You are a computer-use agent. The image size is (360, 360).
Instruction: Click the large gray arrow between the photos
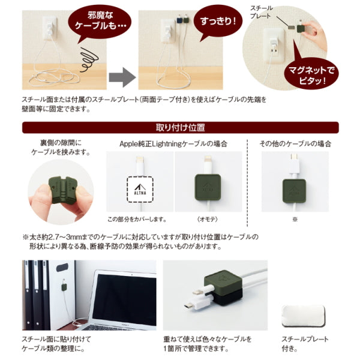coord(122,77)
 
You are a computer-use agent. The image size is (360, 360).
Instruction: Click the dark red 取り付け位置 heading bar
coord(180,127)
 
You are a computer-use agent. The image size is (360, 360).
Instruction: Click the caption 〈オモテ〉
coord(208,218)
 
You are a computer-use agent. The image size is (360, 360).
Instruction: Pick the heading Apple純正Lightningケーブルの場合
coord(174,144)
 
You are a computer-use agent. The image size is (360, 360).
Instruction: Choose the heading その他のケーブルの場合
coord(295,144)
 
